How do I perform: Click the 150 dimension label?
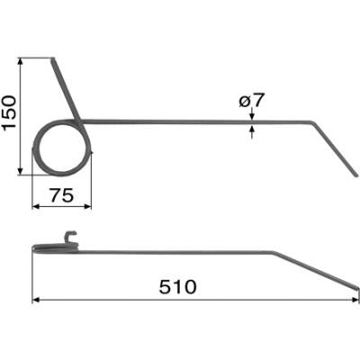(x=9, y=112)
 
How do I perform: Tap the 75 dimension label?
(x=61, y=195)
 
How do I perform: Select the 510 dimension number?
(x=177, y=287)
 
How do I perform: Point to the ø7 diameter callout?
(x=252, y=101)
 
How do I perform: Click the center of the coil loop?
(x=62, y=148)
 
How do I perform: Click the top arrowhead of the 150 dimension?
(x=21, y=61)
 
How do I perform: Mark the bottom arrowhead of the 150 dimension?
(x=21, y=171)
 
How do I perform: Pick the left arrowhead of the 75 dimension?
(x=36, y=206)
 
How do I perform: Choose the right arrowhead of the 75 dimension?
(x=87, y=206)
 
